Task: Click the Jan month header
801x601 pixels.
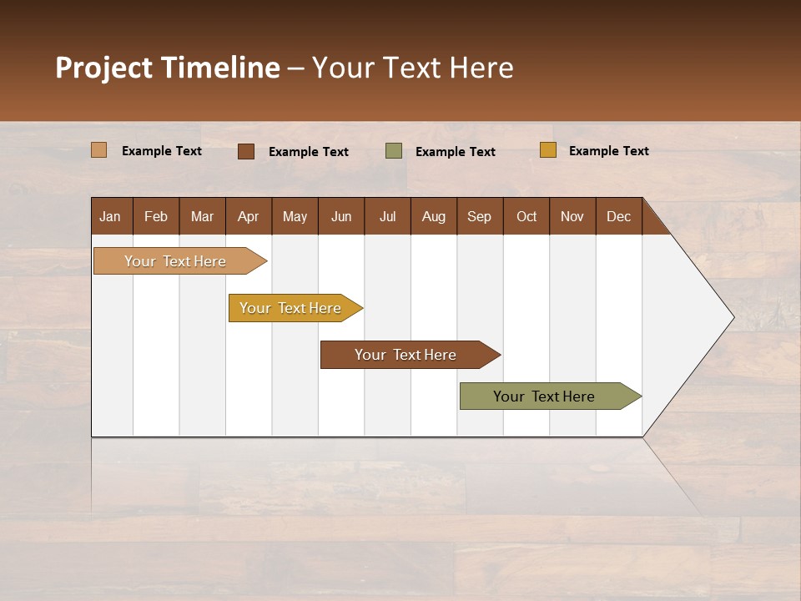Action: [110, 216]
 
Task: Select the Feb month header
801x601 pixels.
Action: [156, 216]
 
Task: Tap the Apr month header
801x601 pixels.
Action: [248, 216]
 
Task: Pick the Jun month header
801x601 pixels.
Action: [341, 216]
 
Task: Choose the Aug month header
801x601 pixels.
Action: [434, 216]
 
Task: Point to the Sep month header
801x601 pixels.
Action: [479, 216]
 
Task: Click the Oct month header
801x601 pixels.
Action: [526, 216]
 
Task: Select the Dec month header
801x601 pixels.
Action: [618, 216]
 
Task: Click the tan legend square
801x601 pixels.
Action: [98, 150]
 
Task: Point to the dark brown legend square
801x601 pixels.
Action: [245, 151]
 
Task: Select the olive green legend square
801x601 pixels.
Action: [393, 151]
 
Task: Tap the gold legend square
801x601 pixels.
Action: [547, 150]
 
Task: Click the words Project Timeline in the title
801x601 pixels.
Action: [168, 68]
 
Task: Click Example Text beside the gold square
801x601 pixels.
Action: [608, 151]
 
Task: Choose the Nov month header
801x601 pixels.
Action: [572, 216]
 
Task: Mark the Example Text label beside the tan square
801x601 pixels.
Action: [162, 151]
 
